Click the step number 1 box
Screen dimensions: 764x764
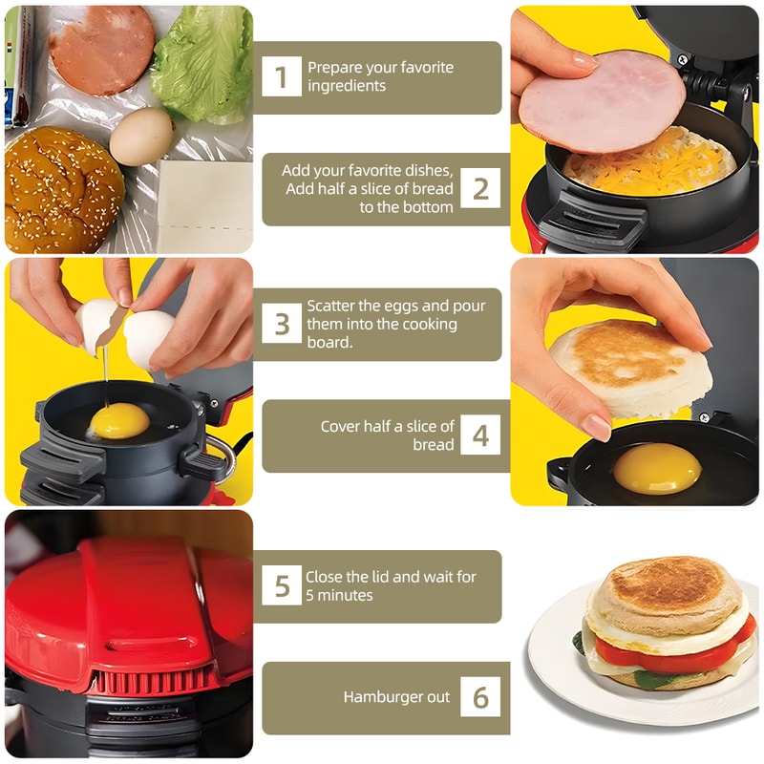point(282,77)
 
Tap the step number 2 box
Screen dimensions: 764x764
point(480,189)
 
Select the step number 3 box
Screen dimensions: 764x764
point(282,324)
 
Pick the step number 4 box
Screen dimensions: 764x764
point(480,435)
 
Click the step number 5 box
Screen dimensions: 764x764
point(282,585)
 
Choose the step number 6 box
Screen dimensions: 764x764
point(480,697)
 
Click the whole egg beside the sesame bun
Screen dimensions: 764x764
point(141,137)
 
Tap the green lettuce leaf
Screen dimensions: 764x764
point(202,65)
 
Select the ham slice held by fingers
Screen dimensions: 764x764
point(602,101)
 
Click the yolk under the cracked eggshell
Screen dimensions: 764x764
point(120,421)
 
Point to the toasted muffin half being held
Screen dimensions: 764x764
point(630,368)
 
